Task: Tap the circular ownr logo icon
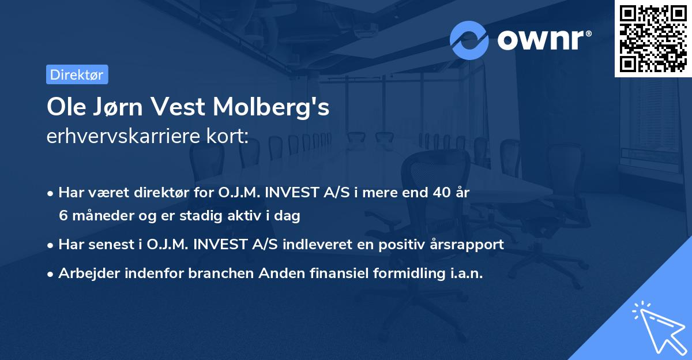(469, 40)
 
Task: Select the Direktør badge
(77, 74)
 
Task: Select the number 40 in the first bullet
(442, 193)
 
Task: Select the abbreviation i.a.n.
(465, 273)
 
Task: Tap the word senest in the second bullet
(114, 244)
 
